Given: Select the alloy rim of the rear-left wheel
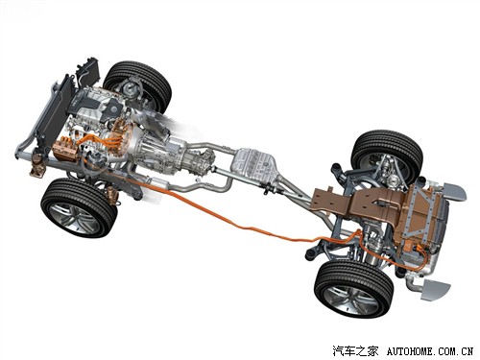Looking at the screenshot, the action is coord(351,300).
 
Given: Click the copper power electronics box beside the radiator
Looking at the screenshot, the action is coord(65,149).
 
